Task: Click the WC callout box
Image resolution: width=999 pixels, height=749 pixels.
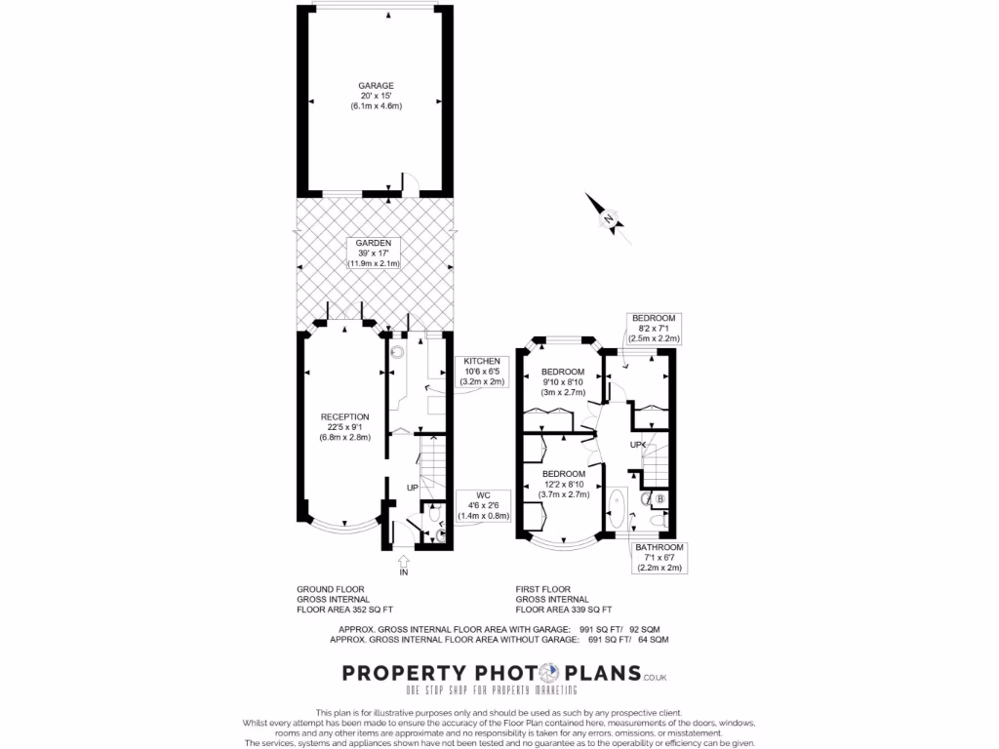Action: (485, 506)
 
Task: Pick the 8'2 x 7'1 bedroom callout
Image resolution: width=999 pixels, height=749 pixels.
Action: (654, 328)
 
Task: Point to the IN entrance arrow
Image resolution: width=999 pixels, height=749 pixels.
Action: (404, 561)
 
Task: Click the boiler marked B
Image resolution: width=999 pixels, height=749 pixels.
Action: (660, 500)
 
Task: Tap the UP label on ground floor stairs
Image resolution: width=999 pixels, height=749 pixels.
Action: (413, 487)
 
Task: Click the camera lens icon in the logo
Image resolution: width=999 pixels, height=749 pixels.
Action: (546, 673)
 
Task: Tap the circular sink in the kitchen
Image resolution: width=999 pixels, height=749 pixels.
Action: (398, 354)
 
